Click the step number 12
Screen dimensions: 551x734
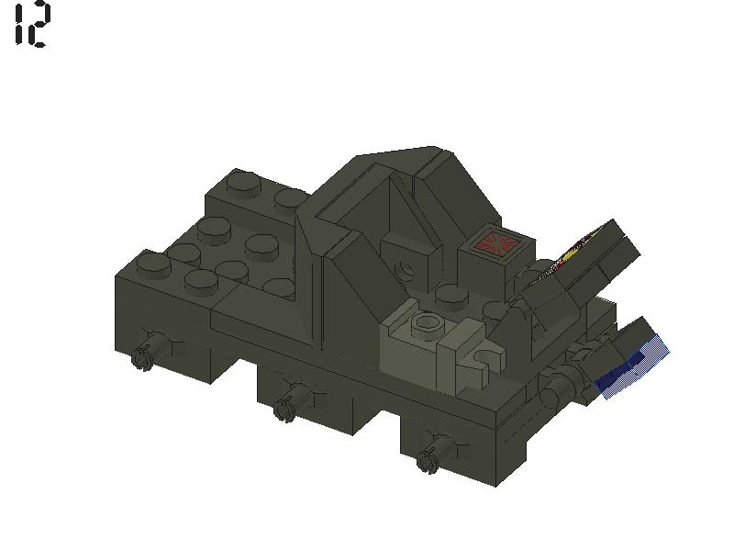pyautogui.click(x=31, y=25)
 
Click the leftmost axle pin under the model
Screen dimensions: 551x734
pyautogui.click(x=143, y=356)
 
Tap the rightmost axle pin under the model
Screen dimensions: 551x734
pyautogui.click(x=428, y=460)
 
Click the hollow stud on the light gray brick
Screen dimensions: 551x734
pyautogui.click(x=427, y=323)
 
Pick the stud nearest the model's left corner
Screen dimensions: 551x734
pyautogui.click(x=152, y=264)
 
